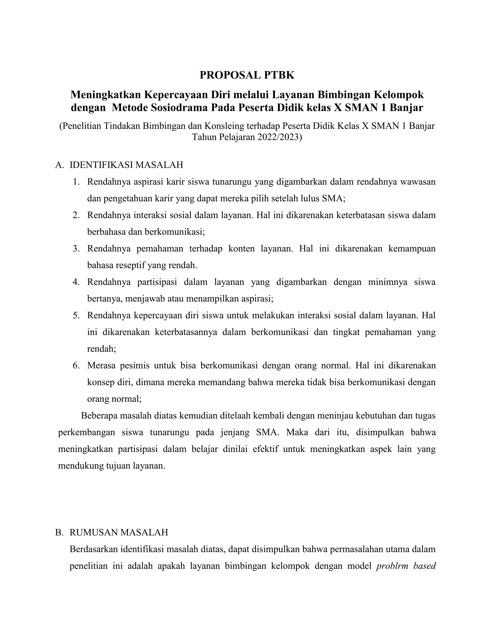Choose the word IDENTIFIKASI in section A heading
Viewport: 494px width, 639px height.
[x=102, y=165]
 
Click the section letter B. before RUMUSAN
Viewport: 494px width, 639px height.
[x=59, y=532]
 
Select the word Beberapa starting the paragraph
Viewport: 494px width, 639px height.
[x=99, y=416]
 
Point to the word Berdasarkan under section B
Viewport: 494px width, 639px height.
[x=92, y=549]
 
